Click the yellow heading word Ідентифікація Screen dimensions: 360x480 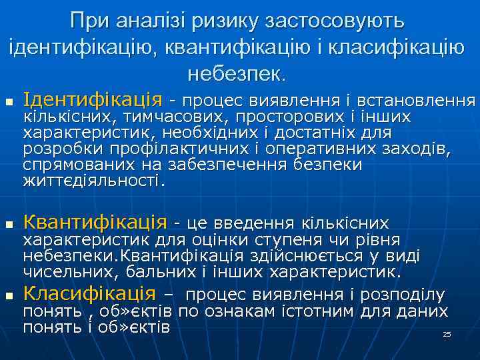92,100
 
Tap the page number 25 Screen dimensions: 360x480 447,333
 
